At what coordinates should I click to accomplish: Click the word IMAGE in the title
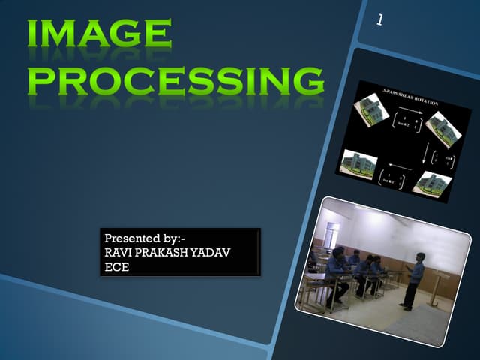tap(100, 34)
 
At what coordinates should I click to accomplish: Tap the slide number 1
tap(380, 21)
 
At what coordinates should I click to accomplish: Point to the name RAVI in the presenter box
tap(118, 253)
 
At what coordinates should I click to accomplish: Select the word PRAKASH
tap(160, 253)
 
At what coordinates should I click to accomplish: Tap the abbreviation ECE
tap(117, 266)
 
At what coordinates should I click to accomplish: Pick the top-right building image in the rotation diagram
tap(445, 132)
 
